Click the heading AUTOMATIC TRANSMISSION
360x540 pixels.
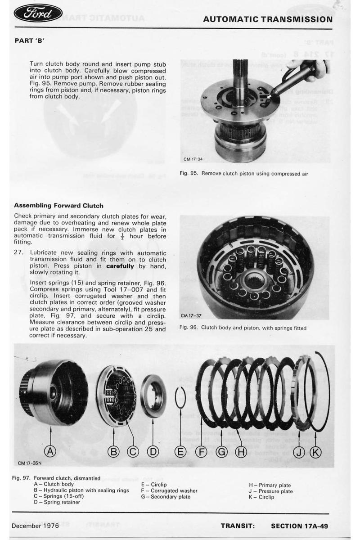tap(268, 19)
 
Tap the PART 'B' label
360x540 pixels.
tap(30, 40)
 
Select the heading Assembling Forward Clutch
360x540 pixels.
tap(59, 206)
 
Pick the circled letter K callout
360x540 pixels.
tap(315, 452)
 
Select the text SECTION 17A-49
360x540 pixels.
tap(299, 526)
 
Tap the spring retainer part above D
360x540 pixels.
tap(153, 396)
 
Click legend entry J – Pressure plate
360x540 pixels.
tap(270, 491)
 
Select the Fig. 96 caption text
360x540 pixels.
tap(243, 328)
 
